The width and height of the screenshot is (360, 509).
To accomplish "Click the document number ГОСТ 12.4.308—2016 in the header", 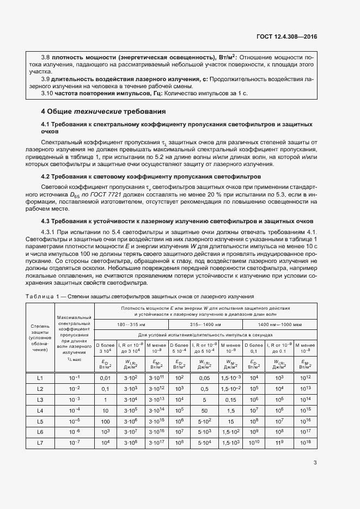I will [x=286, y=37].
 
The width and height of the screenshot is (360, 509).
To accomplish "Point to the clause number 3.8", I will [x=46, y=57].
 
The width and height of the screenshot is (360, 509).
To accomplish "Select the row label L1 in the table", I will [x=40, y=378].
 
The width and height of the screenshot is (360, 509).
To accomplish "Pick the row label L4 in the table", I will [x=40, y=410].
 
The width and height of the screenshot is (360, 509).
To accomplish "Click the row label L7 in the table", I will [x=40, y=443].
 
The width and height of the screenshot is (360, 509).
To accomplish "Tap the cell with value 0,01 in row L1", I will [x=106, y=378].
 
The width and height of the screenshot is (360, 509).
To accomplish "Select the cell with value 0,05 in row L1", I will [x=205, y=378].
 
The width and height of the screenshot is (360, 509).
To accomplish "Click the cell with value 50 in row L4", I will [x=205, y=410].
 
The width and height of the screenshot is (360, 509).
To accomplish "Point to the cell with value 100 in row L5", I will [x=106, y=421].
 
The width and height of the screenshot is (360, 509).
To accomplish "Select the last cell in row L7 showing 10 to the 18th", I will [x=304, y=443].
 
